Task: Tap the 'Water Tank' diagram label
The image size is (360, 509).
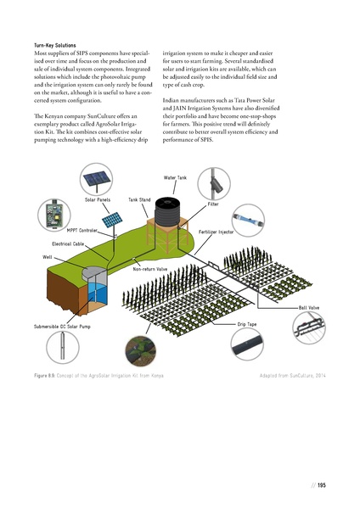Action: tap(174, 177)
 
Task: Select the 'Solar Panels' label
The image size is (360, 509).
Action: tap(98, 199)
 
